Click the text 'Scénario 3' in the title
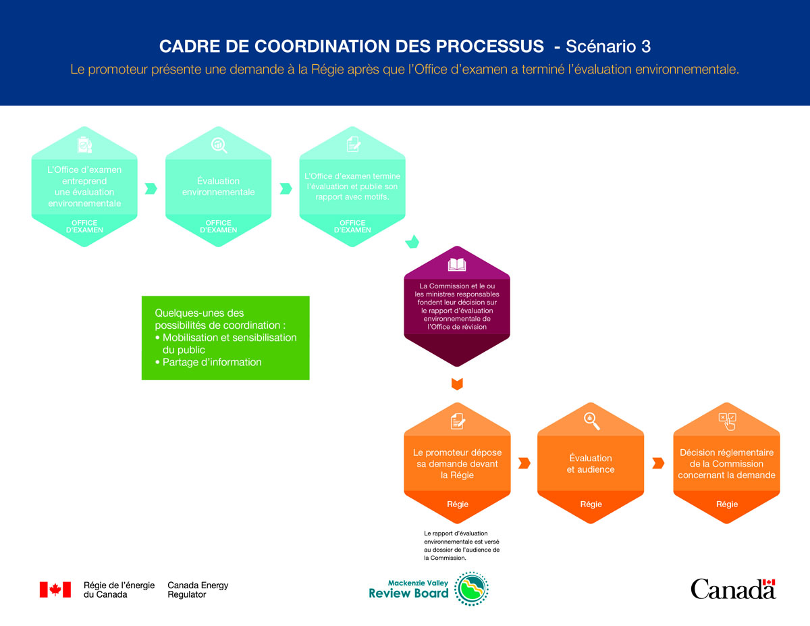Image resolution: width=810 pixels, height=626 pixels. click(x=608, y=47)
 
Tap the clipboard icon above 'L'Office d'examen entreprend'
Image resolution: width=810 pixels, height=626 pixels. click(x=84, y=145)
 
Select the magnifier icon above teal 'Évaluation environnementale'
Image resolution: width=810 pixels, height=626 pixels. click(x=219, y=145)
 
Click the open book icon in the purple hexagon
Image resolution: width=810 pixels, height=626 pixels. click(x=457, y=265)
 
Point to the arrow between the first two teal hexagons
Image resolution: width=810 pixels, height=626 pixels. click(x=151, y=188)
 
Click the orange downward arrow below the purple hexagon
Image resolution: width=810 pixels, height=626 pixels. click(x=457, y=384)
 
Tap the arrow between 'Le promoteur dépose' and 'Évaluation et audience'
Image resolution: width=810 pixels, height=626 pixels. click(x=524, y=463)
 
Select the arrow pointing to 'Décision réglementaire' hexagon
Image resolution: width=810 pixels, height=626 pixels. click(x=658, y=463)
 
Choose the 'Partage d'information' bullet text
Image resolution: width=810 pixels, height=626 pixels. click(x=211, y=362)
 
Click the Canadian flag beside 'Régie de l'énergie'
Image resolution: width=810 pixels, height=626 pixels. click(x=55, y=590)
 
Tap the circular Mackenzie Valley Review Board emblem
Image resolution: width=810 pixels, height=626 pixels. click(x=471, y=588)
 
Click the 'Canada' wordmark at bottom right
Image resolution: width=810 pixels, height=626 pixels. click(x=733, y=589)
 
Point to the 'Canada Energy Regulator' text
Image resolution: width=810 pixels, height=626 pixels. click(x=198, y=590)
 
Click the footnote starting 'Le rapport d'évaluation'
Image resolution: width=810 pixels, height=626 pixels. click(x=462, y=546)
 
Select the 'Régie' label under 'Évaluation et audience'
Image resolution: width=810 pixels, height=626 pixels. click(x=591, y=504)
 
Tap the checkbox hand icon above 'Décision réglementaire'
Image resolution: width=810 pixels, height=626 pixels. click(x=727, y=421)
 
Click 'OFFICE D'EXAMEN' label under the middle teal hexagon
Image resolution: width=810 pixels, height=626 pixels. click(x=219, y=226)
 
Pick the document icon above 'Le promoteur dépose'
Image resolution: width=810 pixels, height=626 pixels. click(x=457, y=421)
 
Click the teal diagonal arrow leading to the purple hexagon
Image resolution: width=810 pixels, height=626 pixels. click(x=412, y=241)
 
